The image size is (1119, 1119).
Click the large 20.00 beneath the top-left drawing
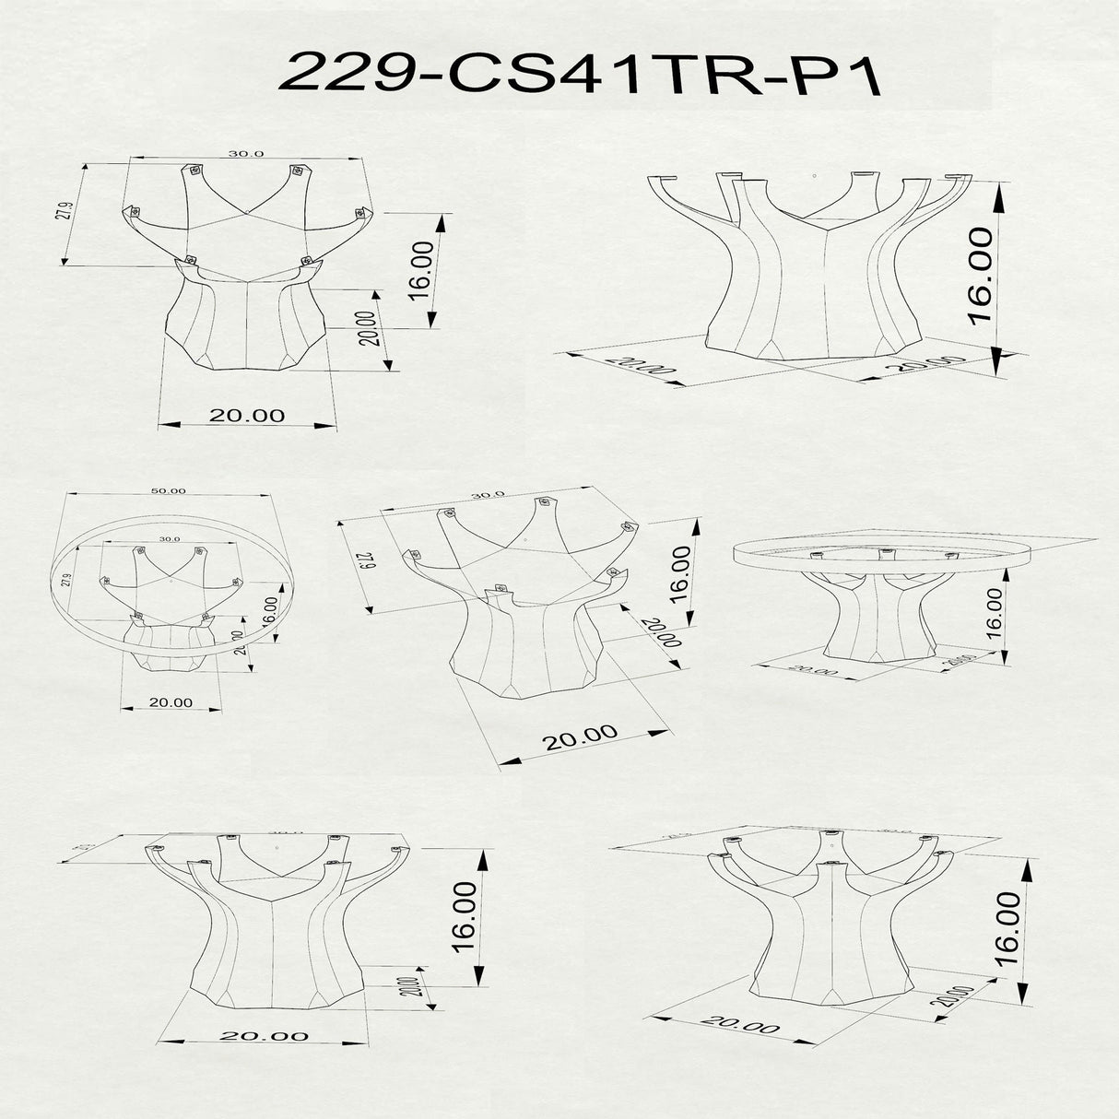tap(246, 416)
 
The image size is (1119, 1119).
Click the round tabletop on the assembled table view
tap(880, 555)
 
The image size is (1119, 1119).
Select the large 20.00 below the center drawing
tap(580, 737)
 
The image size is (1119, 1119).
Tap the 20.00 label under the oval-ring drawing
tap(171, 702)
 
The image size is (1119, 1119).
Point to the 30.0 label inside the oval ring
tap(169, 538)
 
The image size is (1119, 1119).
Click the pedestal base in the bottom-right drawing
tap(830, 931)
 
